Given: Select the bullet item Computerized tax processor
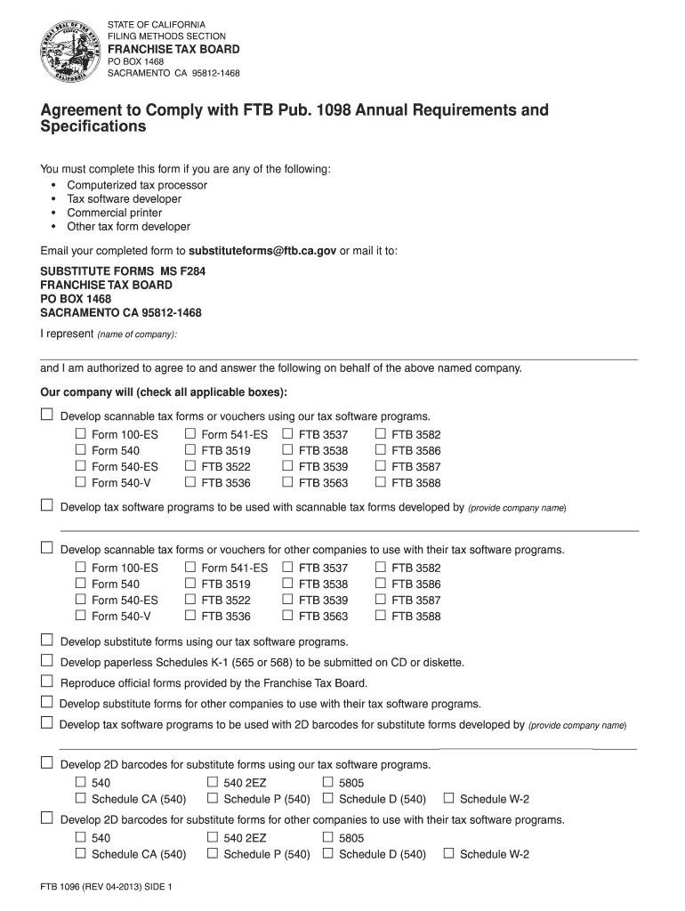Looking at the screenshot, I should tap(137, 185).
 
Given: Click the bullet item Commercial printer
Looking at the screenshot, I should tap(115, 213).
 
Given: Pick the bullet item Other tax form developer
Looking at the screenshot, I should tap(129, 227).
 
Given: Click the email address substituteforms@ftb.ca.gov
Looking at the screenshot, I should tap(262, 252).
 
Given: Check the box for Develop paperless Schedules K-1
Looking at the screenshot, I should tap(47, 661).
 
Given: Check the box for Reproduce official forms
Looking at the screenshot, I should tap(47, 681).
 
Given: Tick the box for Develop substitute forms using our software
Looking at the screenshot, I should tap(47, 641).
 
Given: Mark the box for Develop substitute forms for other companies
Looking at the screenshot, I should tap(47, 702).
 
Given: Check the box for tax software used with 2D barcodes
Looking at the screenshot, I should tap(47, 722).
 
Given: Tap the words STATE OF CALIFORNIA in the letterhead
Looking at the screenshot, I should tap(156, 23).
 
